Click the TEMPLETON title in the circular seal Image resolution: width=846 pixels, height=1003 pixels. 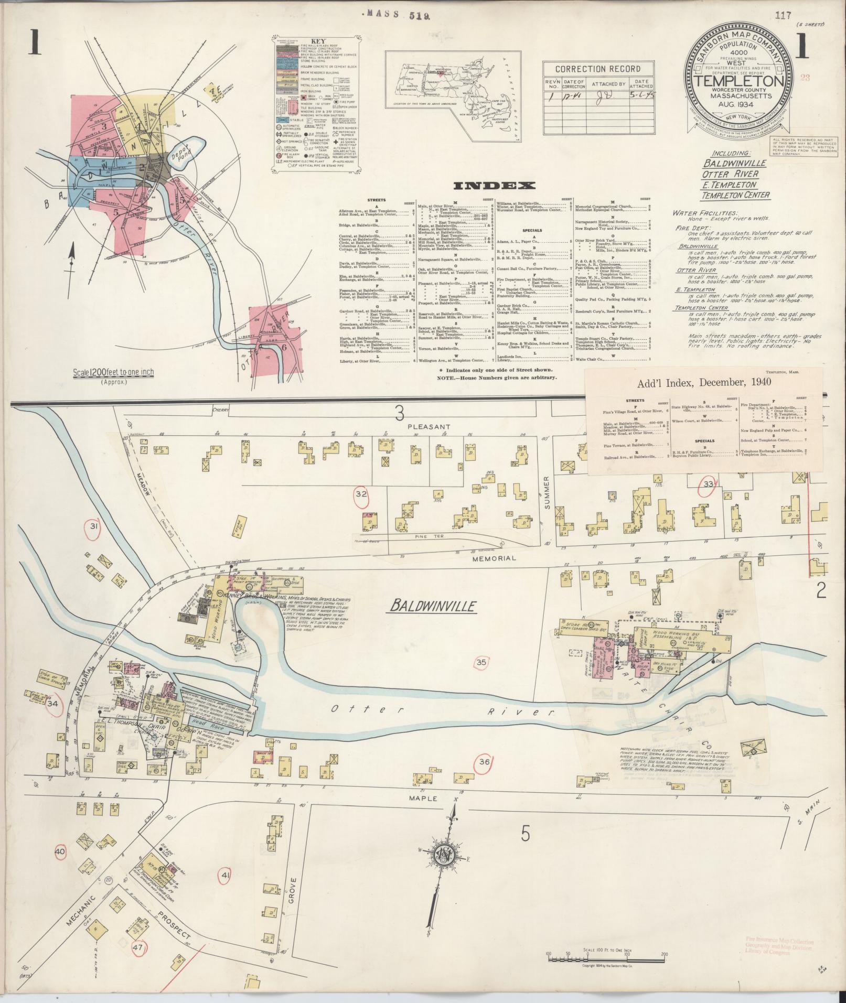point(740,81)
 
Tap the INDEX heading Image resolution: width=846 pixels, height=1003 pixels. point(494,186)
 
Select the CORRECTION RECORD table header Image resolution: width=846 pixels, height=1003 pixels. point(597,69)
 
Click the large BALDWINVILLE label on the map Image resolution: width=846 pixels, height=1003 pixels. point(434,607)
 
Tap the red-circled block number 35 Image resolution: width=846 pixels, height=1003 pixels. point(481,662)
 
